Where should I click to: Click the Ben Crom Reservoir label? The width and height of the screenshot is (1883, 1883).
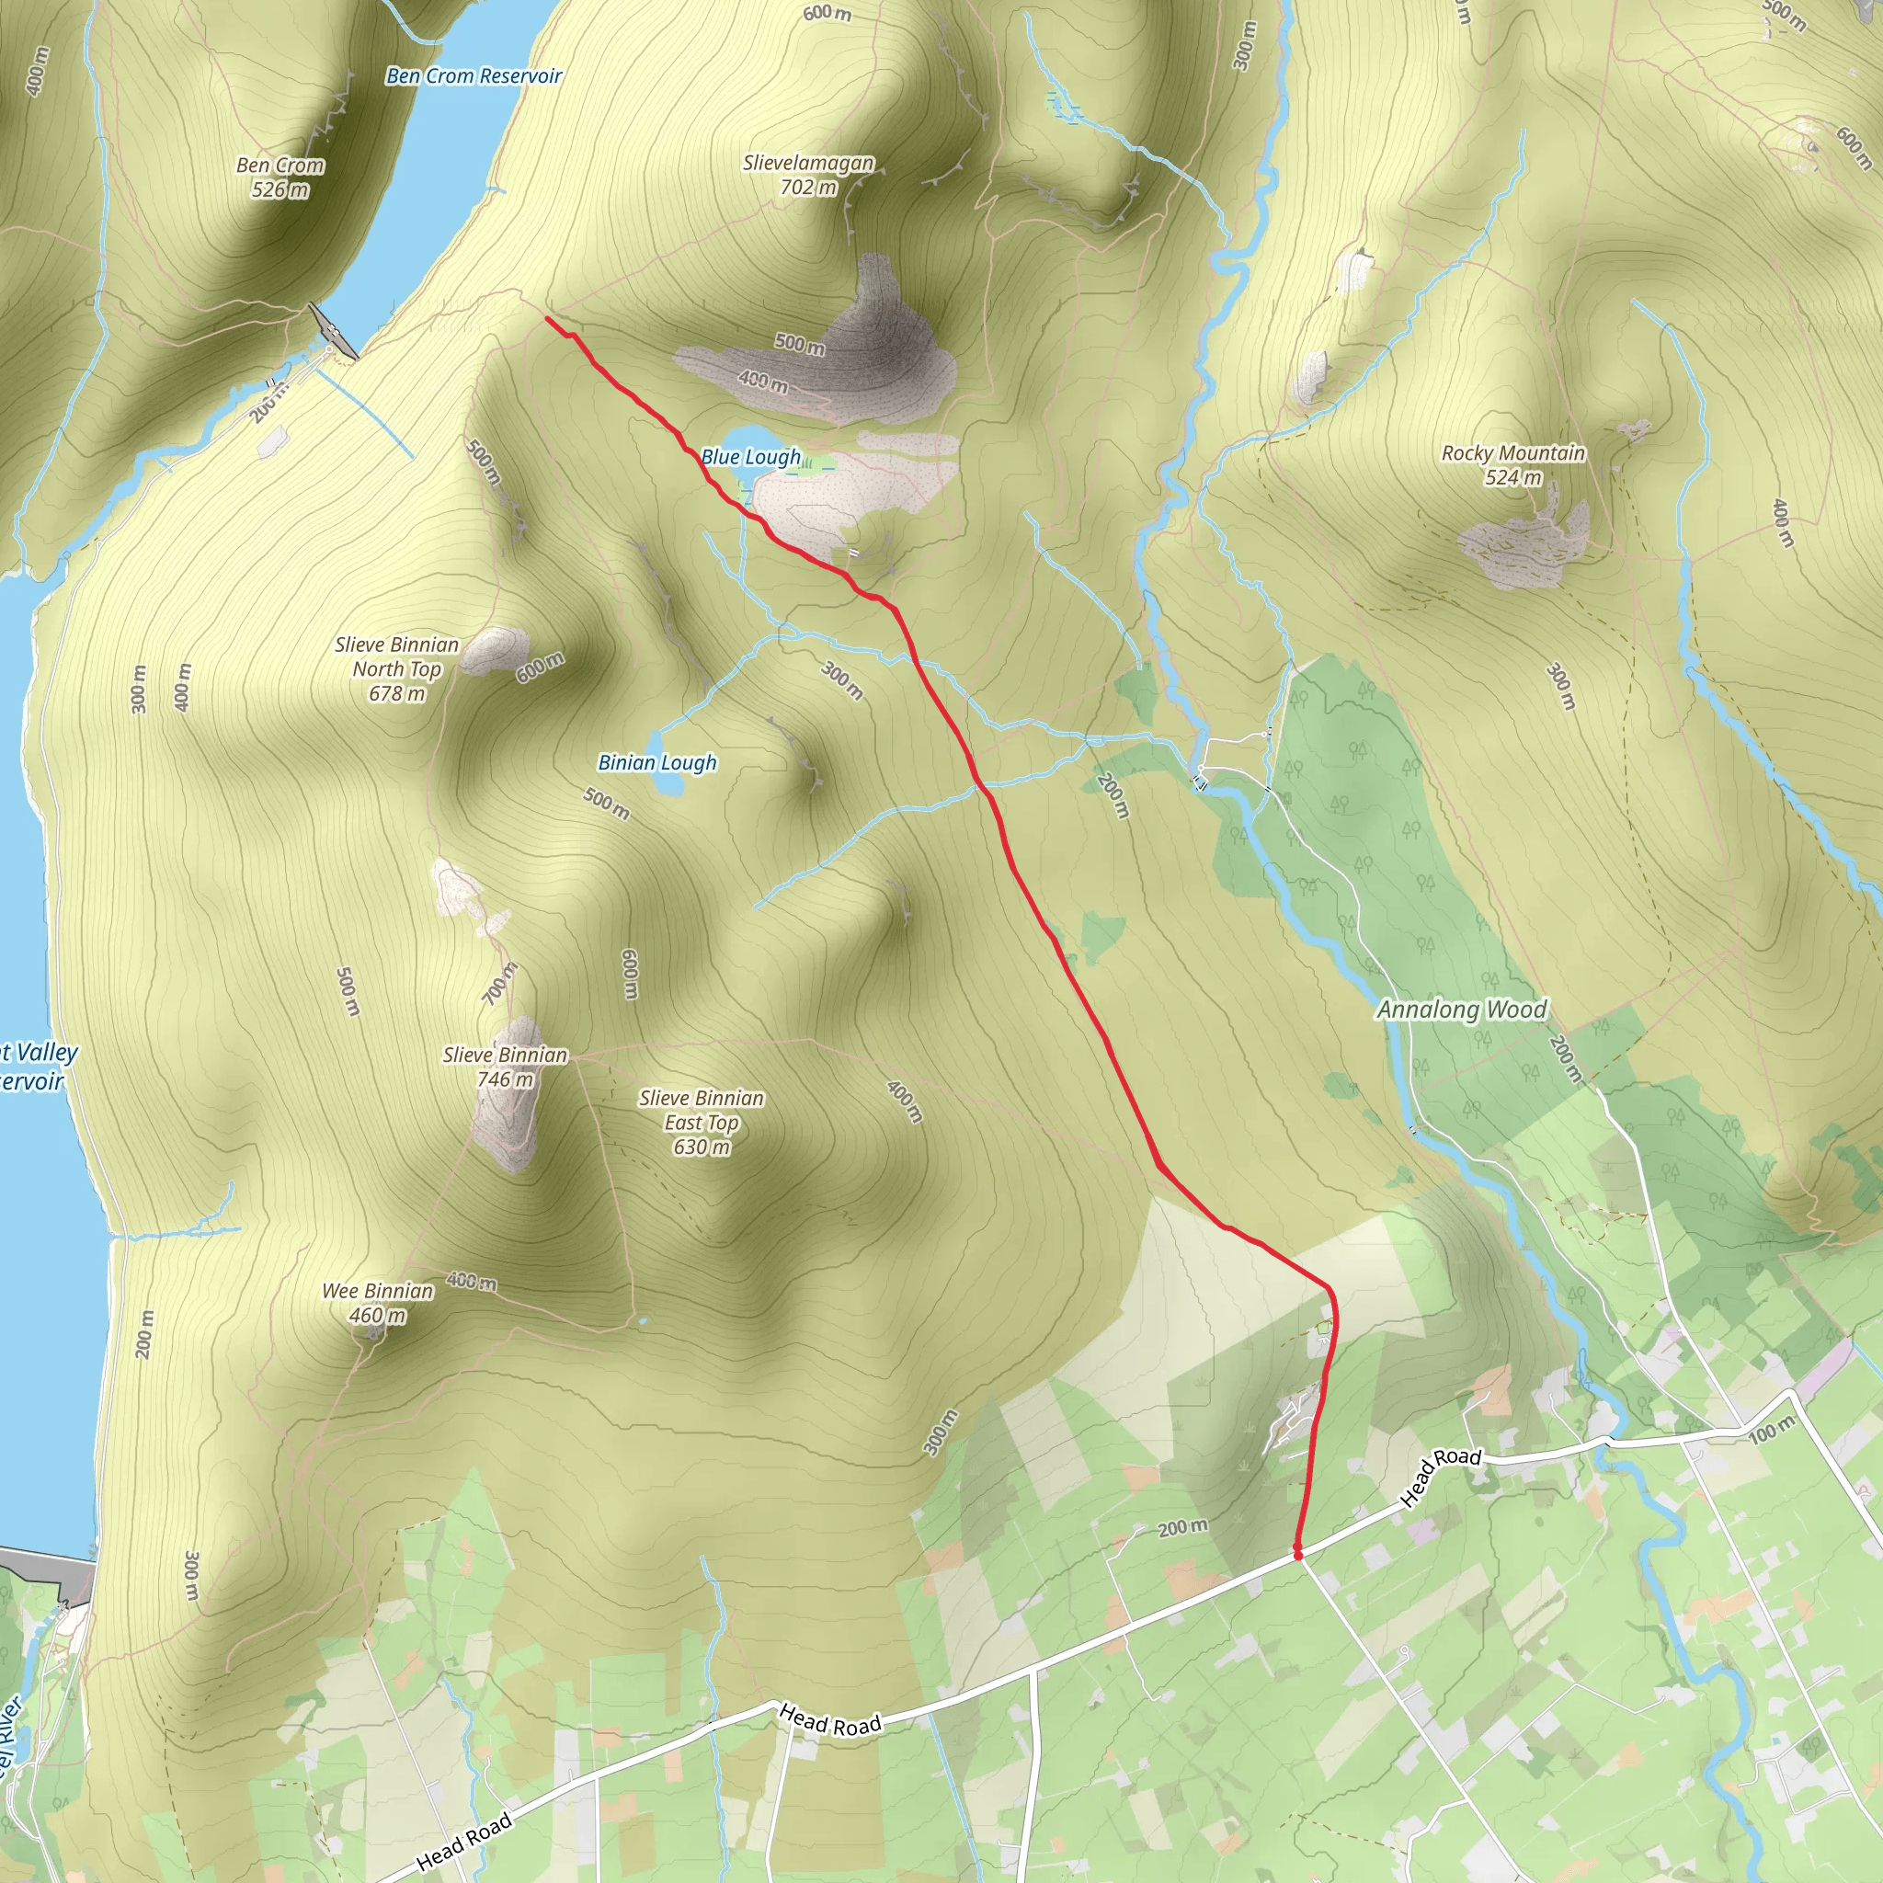[x=474, y=76]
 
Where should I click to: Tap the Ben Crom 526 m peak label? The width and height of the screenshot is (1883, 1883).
[x=280, y=177]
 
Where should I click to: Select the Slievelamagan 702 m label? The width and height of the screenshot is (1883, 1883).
[x=808, y=175]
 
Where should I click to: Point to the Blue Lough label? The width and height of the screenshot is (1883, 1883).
[x=750, y=456]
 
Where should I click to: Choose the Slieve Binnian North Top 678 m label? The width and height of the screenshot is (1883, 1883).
[x=396, y=668]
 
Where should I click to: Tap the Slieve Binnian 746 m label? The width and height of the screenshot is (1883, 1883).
[x=505, y=1067]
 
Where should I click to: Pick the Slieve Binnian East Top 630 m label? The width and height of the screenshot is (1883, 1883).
[x=702, y=1122]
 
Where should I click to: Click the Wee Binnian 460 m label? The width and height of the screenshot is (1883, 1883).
[x=377, y=1302]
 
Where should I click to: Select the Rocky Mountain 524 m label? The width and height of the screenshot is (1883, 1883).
[x=1512, y=465]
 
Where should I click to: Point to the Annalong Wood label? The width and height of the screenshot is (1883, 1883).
[x=1461, y=1009]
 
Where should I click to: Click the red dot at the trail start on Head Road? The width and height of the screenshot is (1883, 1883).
[x=1298, y=1555]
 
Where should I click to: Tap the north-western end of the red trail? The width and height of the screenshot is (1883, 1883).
[x=547, y=318]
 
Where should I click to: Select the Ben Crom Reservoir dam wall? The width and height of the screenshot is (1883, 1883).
[x=332, y=332]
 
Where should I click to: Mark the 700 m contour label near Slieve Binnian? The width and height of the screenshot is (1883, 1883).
[x=500, y=985]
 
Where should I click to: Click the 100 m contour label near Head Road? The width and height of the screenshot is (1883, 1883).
[x=1771, y=1430]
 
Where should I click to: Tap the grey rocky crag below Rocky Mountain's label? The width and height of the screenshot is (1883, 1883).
[x=1524, y=547]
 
